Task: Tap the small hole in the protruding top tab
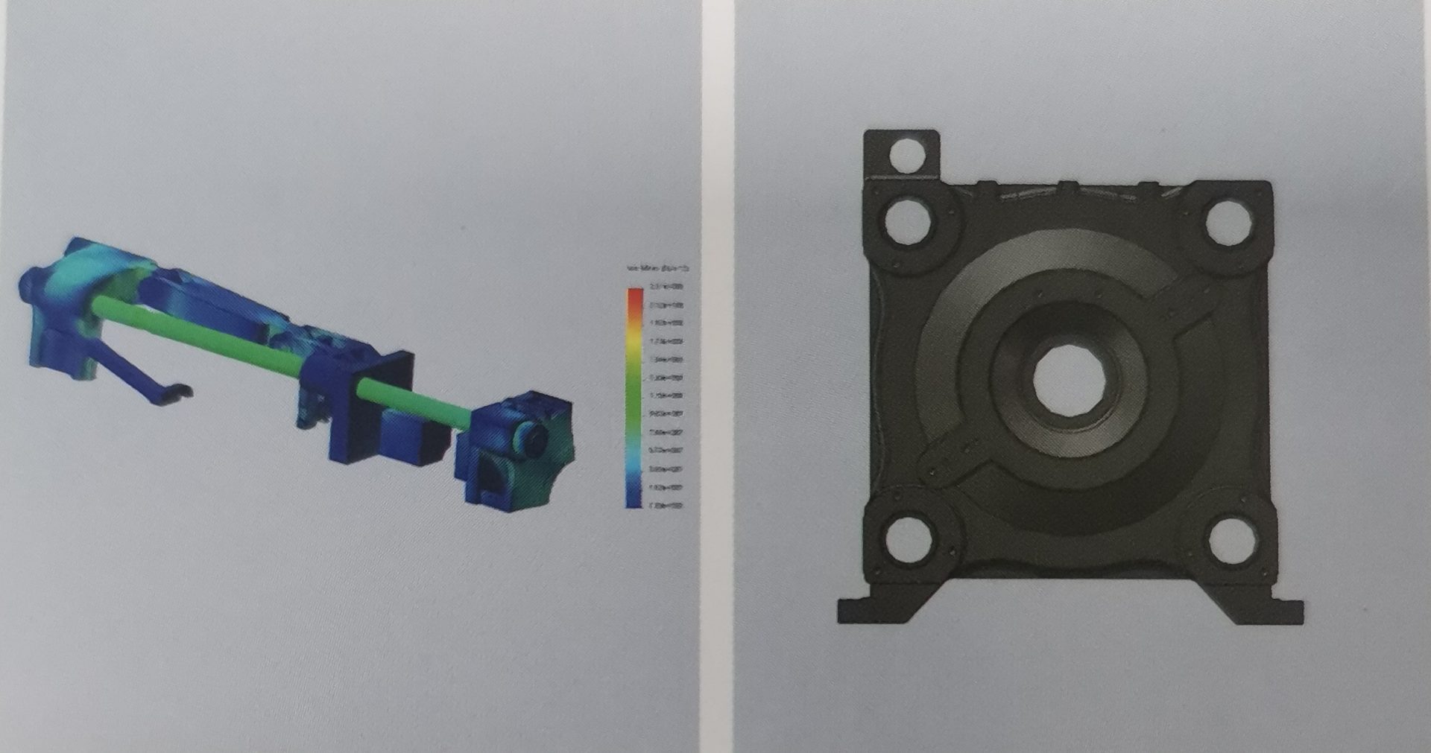pyautogui.click(x=907, y=155)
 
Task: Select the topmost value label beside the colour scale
pyautogui.click(x=667, y=287)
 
